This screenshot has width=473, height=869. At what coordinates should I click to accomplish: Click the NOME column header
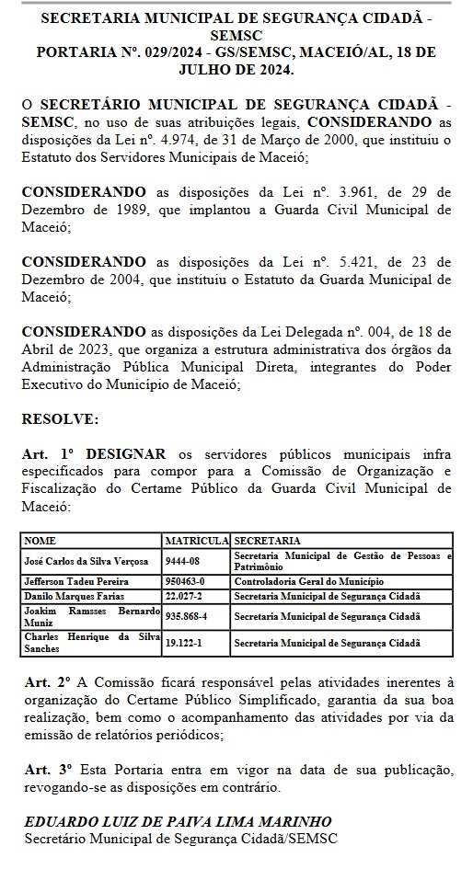coord(40,540)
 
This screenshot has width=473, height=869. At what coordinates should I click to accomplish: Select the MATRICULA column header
coord(197,540)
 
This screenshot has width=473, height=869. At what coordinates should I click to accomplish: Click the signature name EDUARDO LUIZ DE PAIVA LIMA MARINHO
coord(178,821)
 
